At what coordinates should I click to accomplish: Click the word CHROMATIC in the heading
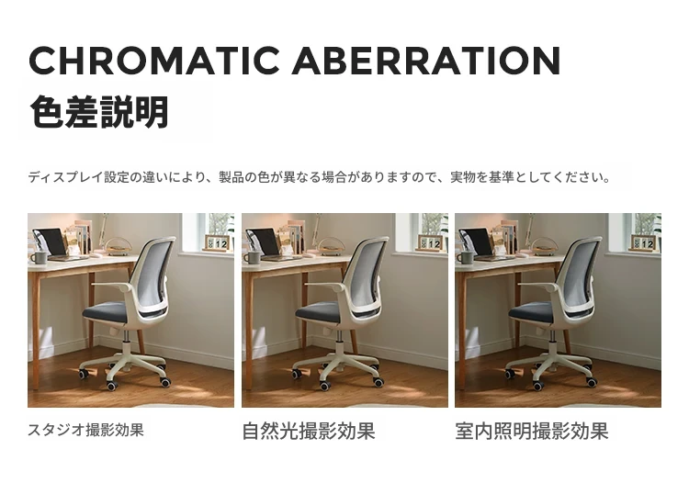point(154,61)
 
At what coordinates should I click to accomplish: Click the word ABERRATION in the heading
point(426,61)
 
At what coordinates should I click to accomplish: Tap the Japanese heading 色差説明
point(99,111)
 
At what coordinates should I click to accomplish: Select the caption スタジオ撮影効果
point(85,430)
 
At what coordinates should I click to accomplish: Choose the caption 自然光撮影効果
point(309,432)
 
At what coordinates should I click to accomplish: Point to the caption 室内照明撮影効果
point(532,432)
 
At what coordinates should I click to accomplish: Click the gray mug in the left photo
point(39,257)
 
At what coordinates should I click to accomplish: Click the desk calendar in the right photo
point(644,243)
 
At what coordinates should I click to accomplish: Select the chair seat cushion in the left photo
point(106,312)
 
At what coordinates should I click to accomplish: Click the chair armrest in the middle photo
point(325,286)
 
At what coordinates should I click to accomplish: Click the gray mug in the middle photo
point(253,257)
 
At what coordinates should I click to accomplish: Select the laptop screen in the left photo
point(51,241)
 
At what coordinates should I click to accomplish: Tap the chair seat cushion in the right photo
point(532,312)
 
